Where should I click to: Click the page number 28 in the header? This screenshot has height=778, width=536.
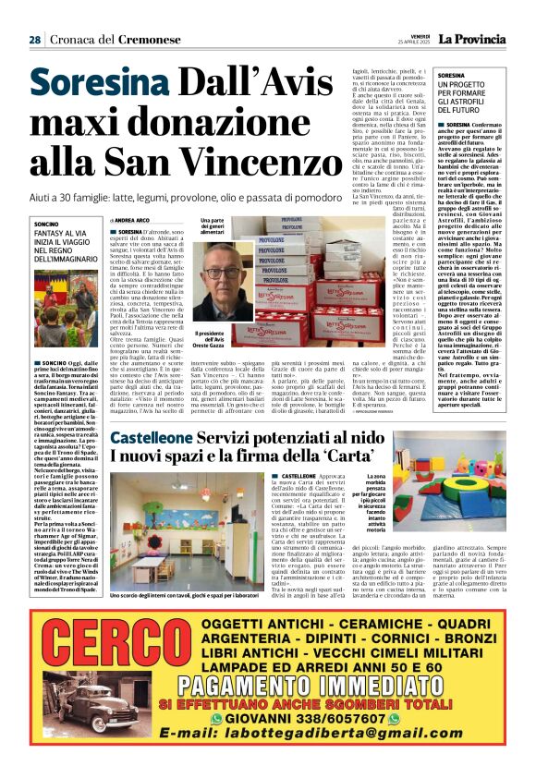tap(34, 40)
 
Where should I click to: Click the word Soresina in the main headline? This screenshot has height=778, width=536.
tap(86, 85)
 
